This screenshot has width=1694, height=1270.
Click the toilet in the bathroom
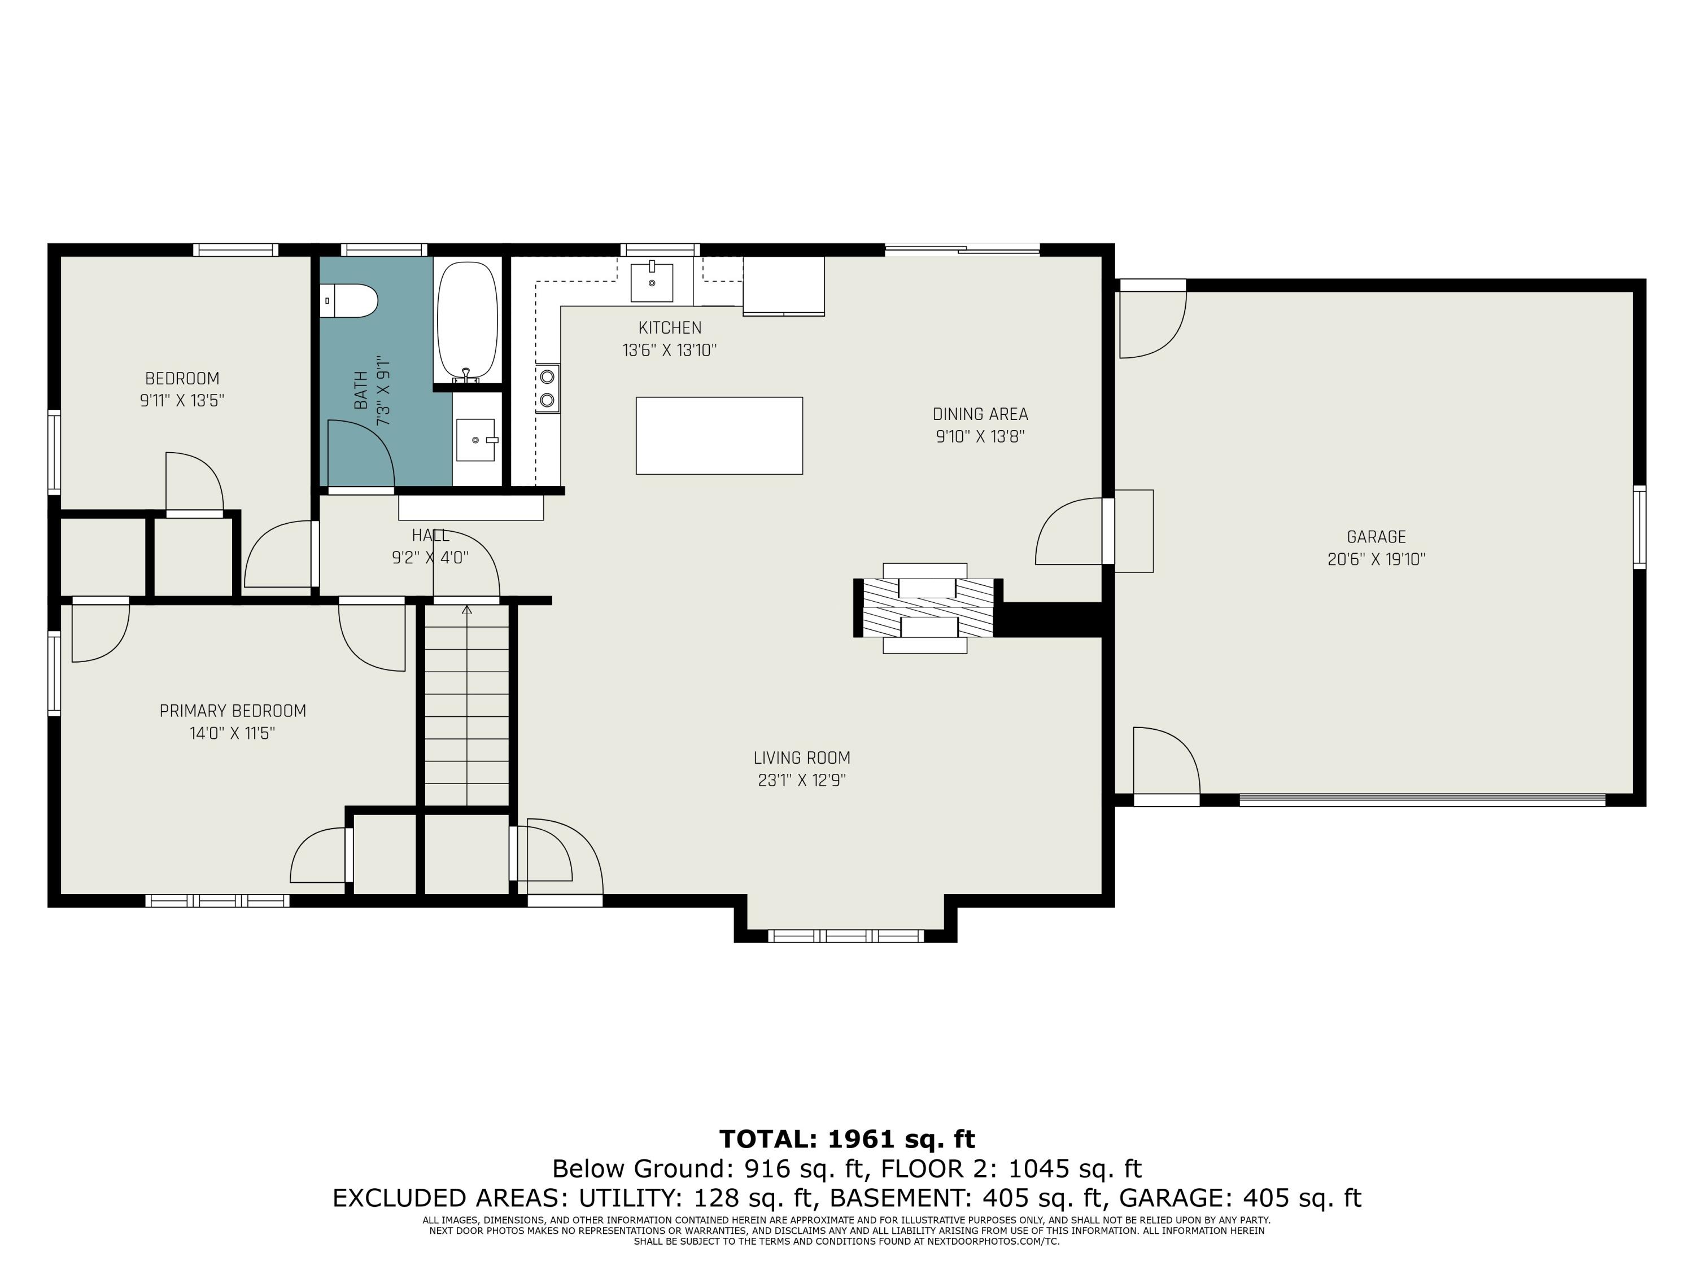(351, 301)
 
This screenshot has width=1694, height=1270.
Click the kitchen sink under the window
(652, 282)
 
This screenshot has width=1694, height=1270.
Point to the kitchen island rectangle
(719, 436)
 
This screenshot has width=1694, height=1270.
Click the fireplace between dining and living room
(927, 608)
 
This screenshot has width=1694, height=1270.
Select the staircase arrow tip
(466, 610)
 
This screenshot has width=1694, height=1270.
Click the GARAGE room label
(1376, 537)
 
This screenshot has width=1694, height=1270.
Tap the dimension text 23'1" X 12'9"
(802, 780)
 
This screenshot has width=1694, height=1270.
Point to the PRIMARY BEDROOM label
(233, 711)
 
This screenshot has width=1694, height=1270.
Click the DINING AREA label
(980, 414)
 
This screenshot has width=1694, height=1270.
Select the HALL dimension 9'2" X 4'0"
(430, 557)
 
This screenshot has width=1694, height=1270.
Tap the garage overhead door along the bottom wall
(1422, 800)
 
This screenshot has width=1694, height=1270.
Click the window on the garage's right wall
(1640, 527)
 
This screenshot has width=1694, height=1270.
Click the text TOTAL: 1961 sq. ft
(847, 1139)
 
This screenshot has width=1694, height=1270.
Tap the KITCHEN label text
(670, 327)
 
